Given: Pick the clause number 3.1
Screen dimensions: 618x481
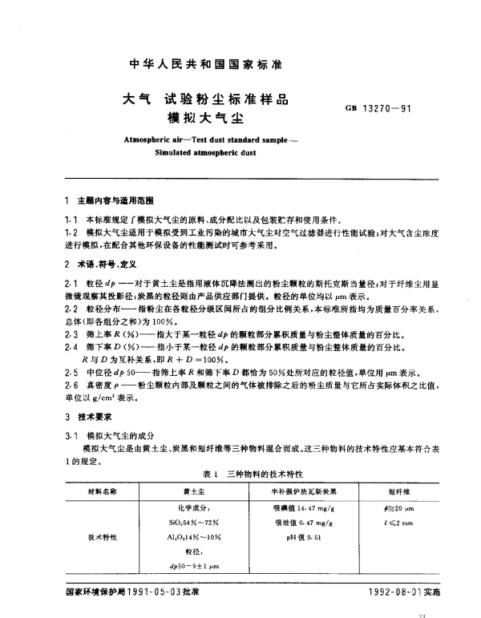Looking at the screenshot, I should click(x=70, y=434).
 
